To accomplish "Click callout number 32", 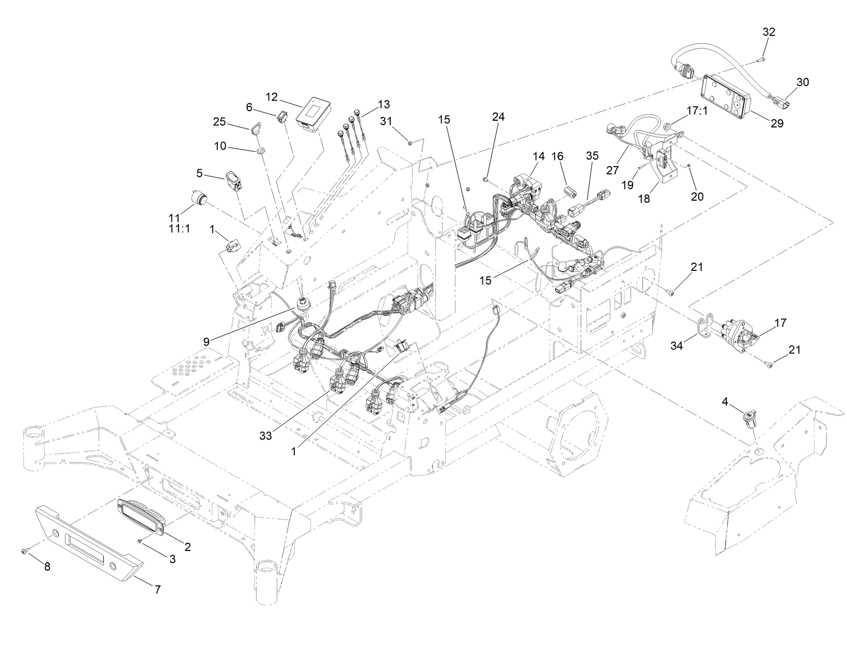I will [x=768, y=32].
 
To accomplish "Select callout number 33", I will [x=265, y=435].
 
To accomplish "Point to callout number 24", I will [x=498, y=117].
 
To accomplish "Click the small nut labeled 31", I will [x=409, y=142].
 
